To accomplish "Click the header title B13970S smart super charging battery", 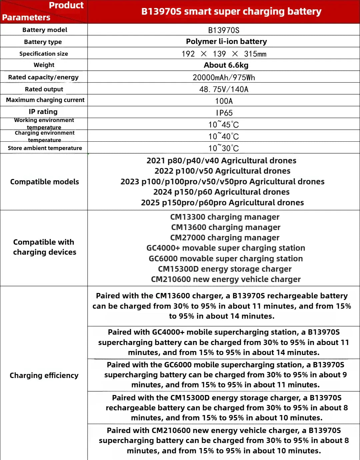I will [231, 11].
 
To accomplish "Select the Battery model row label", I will [45, 30].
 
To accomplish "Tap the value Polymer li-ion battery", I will [226, 41].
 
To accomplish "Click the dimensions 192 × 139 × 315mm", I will [224, 54].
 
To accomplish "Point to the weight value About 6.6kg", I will [226, 65].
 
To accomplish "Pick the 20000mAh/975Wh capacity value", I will [224, 77].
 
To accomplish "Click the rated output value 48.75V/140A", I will [224, 89].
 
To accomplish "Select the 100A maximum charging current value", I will [224, 101].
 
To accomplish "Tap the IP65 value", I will [224, 113].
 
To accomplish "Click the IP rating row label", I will [43, 112].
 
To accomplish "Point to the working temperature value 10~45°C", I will [224, 125].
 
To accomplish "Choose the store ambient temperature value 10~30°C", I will [224, 148].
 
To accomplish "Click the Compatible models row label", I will [44, 182].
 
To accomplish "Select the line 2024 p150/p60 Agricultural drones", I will [221, 192].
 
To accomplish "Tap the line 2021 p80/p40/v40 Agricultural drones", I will [221, 161].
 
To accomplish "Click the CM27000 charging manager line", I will [225, 238].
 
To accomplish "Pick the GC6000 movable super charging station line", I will [226, 259].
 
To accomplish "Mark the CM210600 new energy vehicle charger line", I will [226, 279].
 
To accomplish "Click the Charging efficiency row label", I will [44, 375].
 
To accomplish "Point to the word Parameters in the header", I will [26, 17].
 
